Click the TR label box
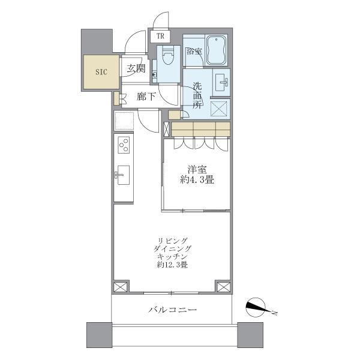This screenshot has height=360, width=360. click(x=160, y=36)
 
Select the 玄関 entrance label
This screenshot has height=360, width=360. click(x=136, y=68)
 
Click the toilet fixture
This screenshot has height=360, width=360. click(x=167, y=57)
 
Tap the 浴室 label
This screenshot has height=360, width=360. click(x=194, y=52)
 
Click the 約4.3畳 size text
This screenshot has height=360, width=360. click(x=196, y=179)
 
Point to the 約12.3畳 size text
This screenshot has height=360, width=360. click(x=172, y=265)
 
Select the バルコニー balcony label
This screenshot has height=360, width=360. click(x=172, y=310)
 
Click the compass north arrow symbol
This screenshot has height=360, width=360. click(x=259, y=308)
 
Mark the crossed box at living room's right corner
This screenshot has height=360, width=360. click(x=222, y=287)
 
